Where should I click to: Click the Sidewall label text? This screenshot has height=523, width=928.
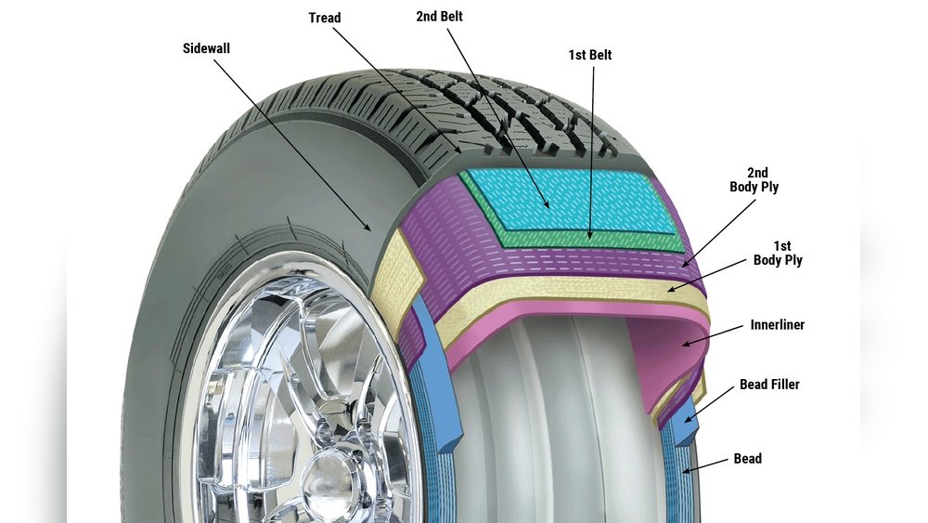[206, 47]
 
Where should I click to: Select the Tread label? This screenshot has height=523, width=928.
[325, 18]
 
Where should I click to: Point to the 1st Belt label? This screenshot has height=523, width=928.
[590, 55]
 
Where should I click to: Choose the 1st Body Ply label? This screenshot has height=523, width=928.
[778, 254]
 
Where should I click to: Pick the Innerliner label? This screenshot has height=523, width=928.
[777, 326]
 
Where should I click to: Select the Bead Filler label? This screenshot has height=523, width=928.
[769, 385]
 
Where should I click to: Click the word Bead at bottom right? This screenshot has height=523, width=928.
[747, 458]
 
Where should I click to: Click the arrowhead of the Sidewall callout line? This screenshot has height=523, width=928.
[372, 229]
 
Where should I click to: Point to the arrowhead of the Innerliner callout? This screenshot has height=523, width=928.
[684, 345]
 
